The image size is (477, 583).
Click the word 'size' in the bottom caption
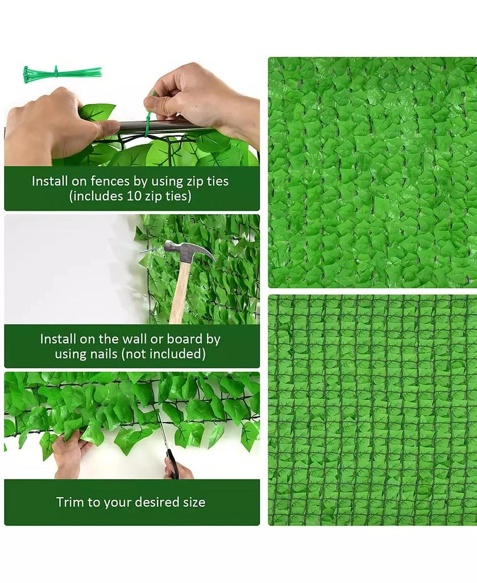coord(192,502)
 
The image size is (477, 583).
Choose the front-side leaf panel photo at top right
coord(372,172)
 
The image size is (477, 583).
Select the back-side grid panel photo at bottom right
coord(372,410)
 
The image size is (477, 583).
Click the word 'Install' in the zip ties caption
coord(50,182)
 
